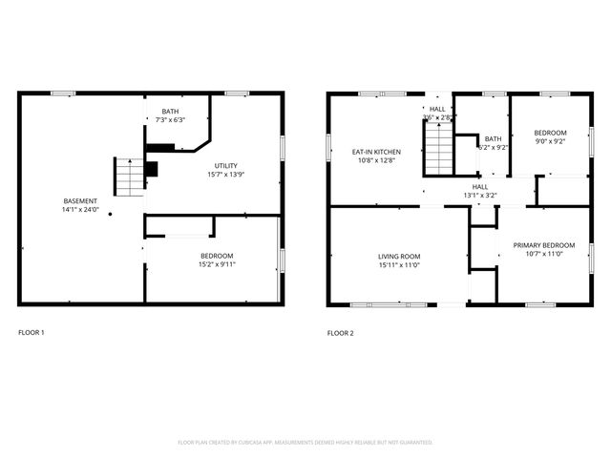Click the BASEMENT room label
[80, 200]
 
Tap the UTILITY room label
[226, 165]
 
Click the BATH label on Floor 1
[170, 111]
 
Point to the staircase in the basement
[127, 176]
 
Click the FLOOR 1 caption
[32, 333]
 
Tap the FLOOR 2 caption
[341, 333]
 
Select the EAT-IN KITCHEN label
[377, 152]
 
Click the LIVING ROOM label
[399, 256]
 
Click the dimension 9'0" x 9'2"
[550, 141]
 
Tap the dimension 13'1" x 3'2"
[480, 196]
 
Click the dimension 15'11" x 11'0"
[399, 264]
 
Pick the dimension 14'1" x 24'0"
[80, 209]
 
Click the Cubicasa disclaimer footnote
[305, 443]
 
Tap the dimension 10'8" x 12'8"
[377, 160]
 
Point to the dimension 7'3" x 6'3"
[170, 119]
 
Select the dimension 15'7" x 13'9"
[226, 174]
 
